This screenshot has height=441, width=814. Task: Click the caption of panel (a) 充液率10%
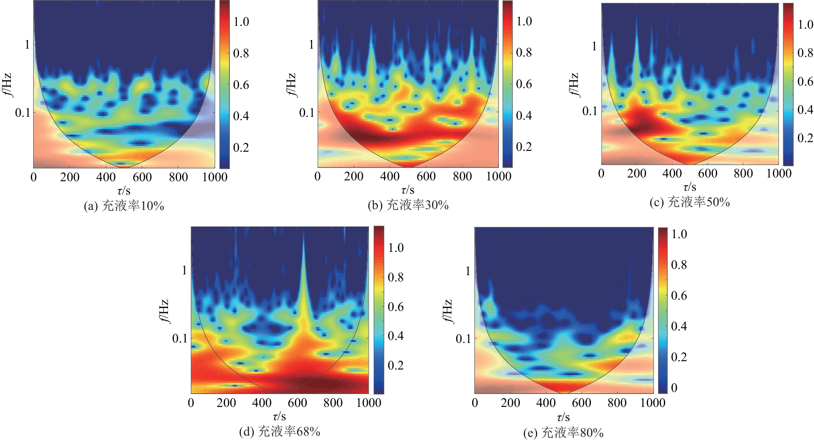[x=124, y=206]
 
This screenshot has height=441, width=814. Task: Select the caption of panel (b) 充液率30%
[x=408, y=205]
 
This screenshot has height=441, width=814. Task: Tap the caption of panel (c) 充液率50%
[x=690, y=202]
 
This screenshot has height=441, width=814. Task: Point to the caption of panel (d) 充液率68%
[x=280, y=431]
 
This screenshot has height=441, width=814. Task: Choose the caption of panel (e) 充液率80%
[x=563, y=433]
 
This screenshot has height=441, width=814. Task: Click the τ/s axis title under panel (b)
[x=408, y=190]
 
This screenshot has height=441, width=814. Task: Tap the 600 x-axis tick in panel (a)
[x=142, y=177]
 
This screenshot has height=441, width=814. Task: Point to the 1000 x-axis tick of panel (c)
[x=778, y=173]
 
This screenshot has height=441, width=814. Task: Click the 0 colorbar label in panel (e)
[x=674, y=388]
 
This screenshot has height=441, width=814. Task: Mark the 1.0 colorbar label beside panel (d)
[x=395, y=248]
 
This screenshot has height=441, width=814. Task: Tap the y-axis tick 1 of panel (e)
[x=468, y=271]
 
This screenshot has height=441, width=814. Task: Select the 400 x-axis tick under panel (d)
[x=262, y=403]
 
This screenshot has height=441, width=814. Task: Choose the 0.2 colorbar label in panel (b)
[x=524, y=147]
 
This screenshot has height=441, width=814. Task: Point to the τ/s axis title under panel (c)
[x=690, y=187]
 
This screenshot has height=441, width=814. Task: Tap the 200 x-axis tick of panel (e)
[x=510, y=403]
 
